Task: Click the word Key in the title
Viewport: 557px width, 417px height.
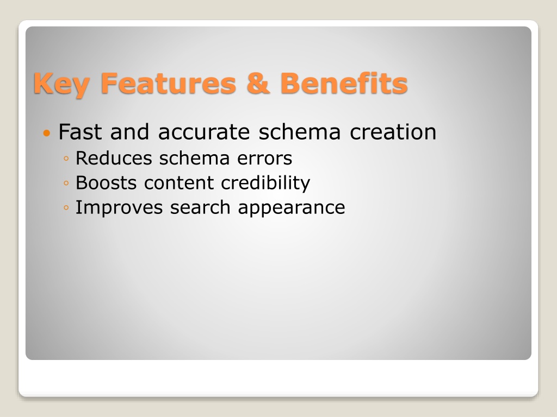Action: pos(61,84)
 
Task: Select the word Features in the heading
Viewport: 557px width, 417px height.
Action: pos(169,83)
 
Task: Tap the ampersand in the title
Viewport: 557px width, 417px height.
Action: pos(258,83)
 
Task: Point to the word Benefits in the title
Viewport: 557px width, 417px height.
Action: pos(344,83)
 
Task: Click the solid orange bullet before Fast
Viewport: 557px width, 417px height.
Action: pos(47,134)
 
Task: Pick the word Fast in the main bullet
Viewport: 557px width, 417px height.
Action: pos(80,132)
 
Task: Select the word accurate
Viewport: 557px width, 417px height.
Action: pos(204,132)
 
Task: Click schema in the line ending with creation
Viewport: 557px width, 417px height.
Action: pos(300,132)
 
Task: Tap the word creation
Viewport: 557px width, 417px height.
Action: pos(393,132)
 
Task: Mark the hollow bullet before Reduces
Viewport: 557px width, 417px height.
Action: pos(66,159)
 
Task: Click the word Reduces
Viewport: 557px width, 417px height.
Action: pos(113,158)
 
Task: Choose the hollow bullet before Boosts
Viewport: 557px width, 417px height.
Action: pos(66,184)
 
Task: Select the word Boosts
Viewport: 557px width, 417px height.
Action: pos(106,183)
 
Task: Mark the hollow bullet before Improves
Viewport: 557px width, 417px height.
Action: pos(66,208)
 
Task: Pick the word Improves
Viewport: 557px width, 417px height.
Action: pos(119,208)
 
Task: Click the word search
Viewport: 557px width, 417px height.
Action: pos(200,207)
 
